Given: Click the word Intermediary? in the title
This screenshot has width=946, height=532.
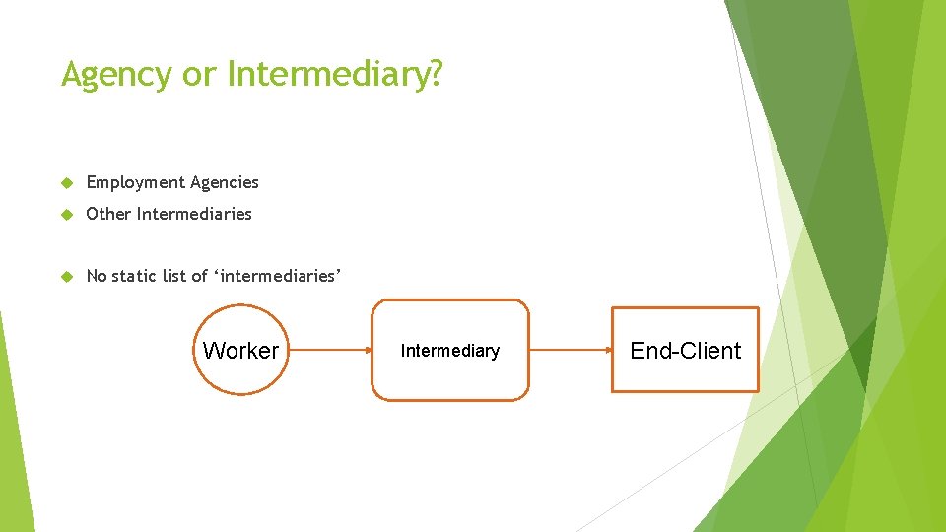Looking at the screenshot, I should point(335,74).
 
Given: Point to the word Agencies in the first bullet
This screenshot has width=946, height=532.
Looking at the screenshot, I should point(226,182).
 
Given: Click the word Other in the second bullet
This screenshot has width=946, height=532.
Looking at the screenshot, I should point(108,214).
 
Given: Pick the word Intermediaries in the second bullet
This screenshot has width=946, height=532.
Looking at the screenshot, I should point(195,214).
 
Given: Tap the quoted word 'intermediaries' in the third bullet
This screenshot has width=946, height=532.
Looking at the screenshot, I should point(278,276).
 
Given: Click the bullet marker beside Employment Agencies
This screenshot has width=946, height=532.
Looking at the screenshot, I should point(67,183).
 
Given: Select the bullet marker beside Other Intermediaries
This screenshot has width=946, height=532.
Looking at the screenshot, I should point(67,215).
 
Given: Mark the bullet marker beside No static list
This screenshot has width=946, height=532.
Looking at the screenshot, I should point(67,277).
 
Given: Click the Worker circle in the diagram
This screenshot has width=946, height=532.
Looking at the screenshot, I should point(240,350).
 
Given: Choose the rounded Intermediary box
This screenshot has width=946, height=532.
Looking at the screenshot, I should point(450,350).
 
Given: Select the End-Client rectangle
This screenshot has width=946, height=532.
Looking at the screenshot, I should point(686,350).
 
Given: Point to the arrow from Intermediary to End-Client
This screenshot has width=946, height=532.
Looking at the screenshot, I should point(571,350).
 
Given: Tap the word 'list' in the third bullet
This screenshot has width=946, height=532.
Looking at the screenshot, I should point(174,276).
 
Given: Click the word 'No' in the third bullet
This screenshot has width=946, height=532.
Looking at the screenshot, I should point(97,276).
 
